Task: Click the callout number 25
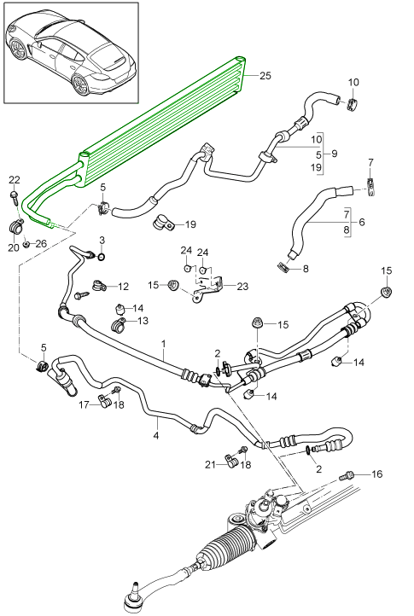[x=265, y=75]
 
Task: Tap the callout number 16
[x=376, y=474]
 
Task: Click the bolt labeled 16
[x=346, y=476]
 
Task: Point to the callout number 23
[x=242, y=286]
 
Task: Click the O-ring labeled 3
[x=101, y=257]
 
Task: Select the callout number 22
[x=15, y=180]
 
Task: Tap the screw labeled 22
[x=14, y=196]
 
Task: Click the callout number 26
[x=41, y=244]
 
